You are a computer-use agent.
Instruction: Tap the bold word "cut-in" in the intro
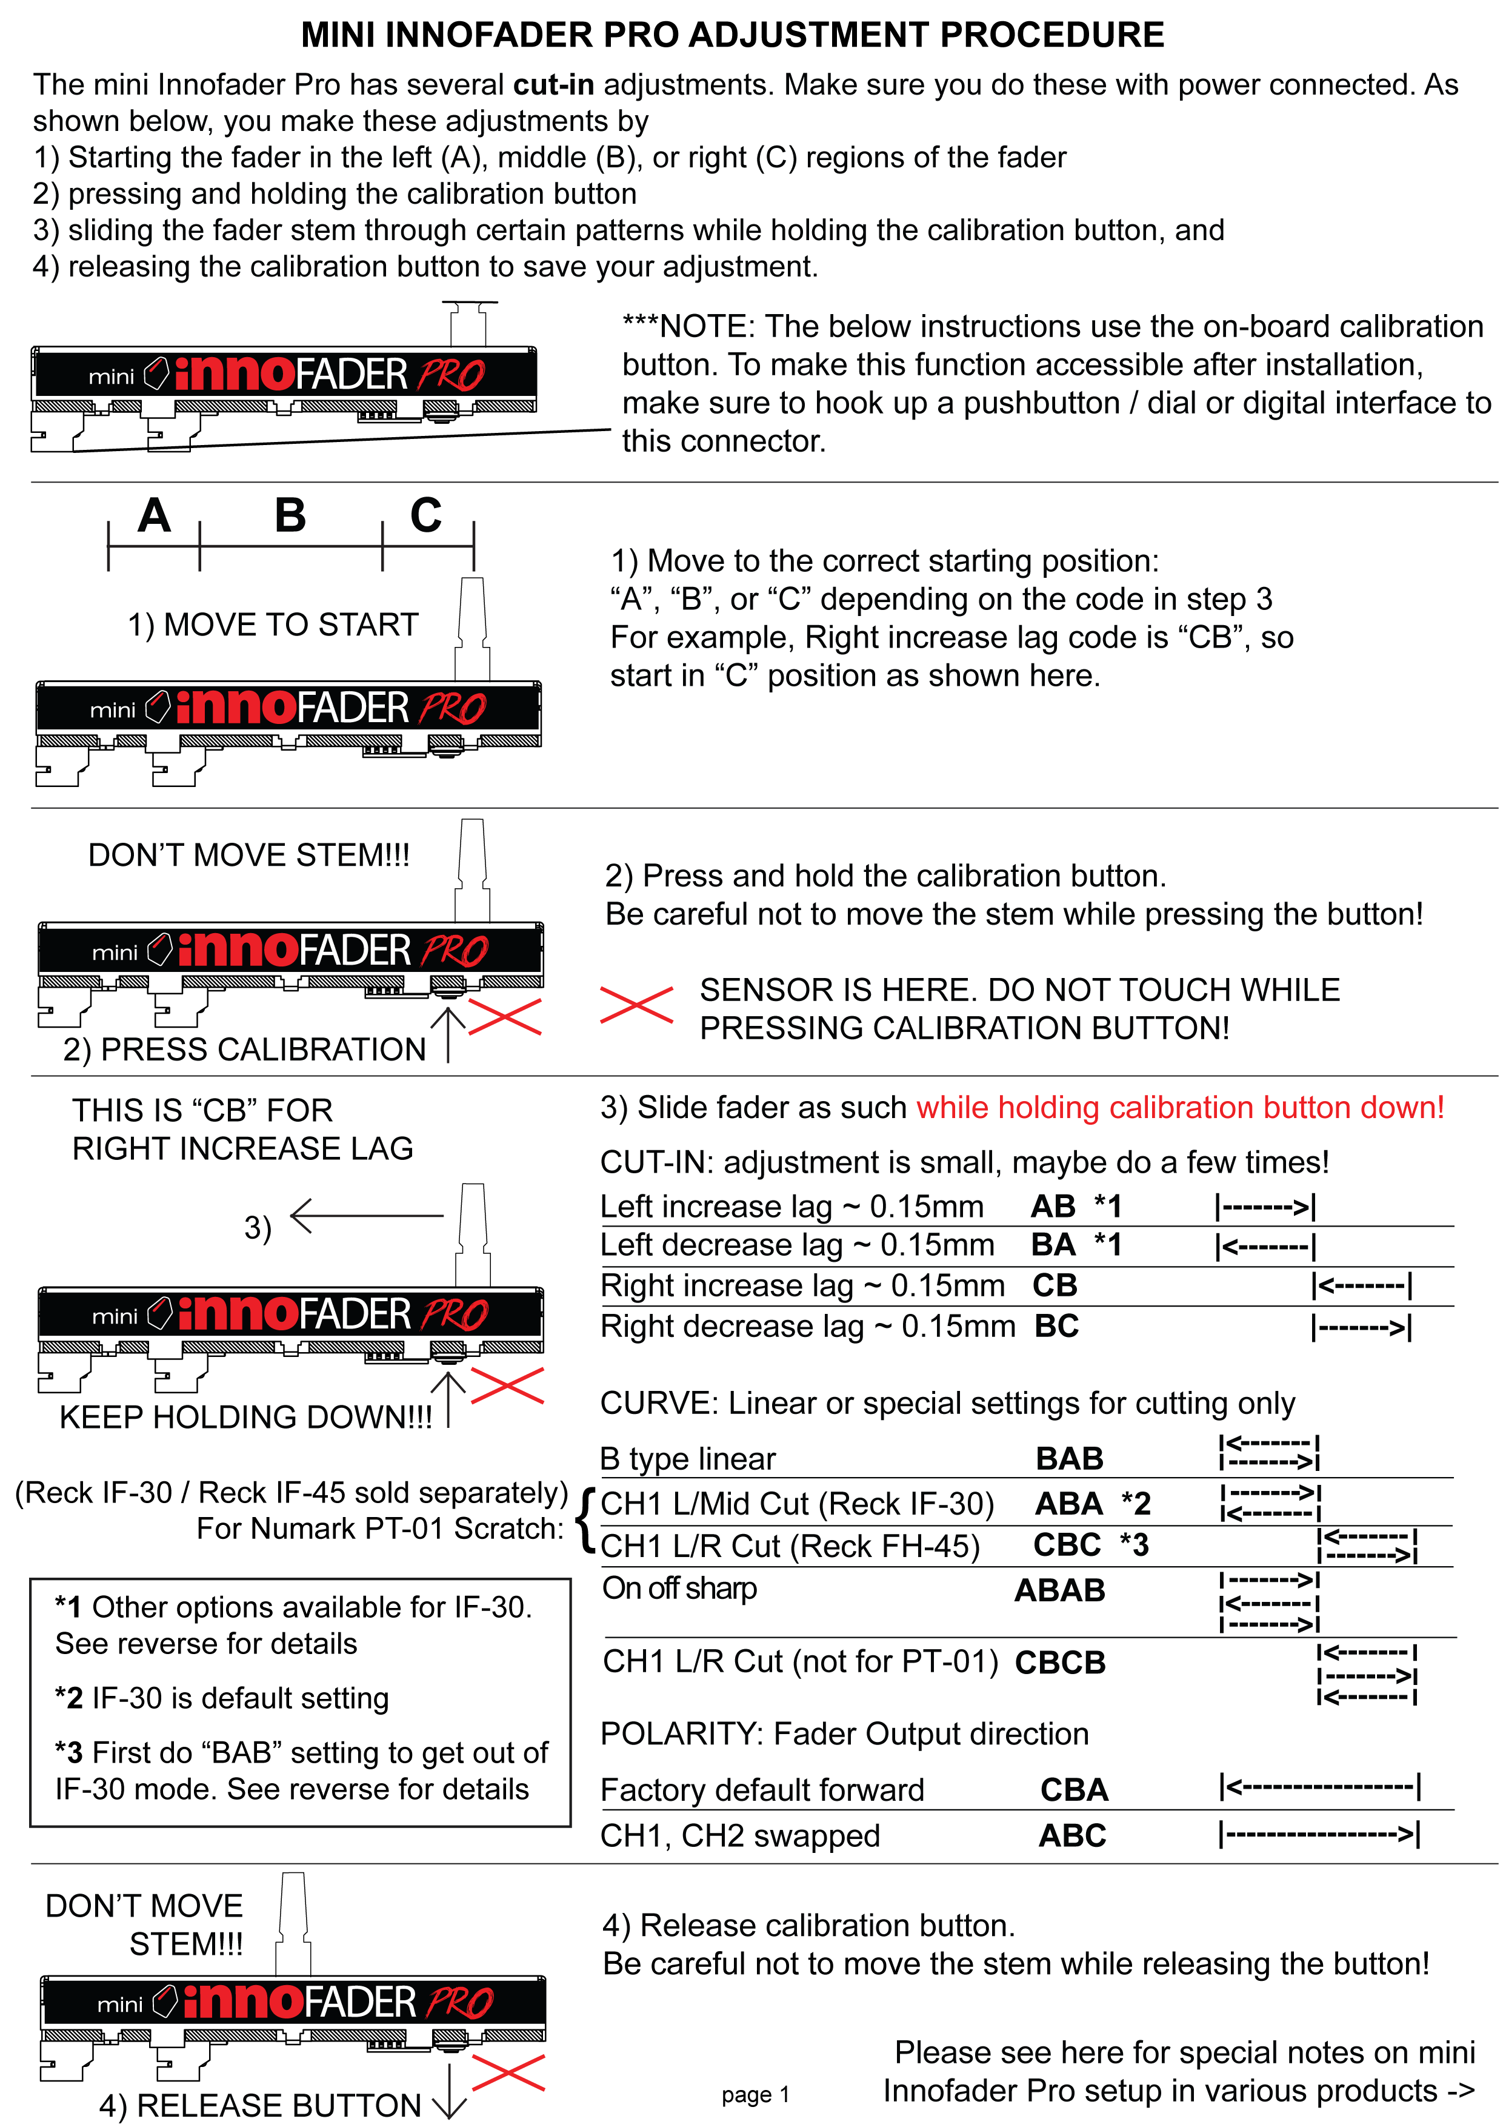[553, 84]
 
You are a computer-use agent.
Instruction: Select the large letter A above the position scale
[154, 516]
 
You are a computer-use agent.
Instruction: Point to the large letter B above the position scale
[290, 516]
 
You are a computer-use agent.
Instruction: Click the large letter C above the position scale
[426, 516]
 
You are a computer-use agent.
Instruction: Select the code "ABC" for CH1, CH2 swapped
[1072, 1835]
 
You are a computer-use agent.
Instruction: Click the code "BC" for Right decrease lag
[1056, 1327]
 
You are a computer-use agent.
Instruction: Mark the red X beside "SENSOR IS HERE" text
[636, 1005]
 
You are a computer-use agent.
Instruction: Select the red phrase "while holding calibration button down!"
[1180, 1107]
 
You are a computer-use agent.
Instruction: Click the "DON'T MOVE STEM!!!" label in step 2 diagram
[248, 855]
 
